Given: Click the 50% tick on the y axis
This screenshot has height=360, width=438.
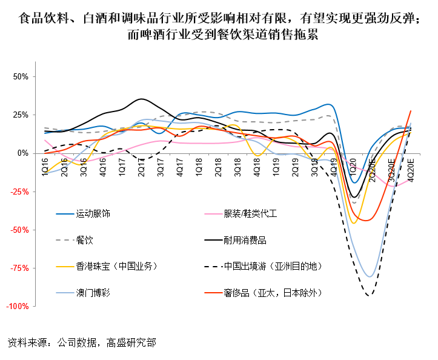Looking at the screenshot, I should [21, 77].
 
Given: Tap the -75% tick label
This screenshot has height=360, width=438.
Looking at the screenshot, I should [19, 268].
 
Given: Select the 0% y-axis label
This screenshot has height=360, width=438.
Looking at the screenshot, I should [24, 153].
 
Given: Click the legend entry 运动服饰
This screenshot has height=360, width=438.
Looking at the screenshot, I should [93, 214].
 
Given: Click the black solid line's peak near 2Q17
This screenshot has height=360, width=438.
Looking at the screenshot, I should [142, 99].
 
